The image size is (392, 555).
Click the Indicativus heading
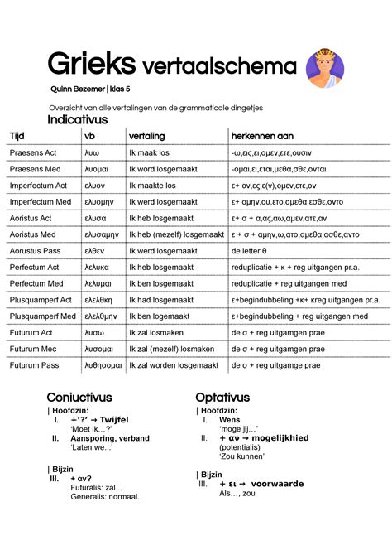coord(77,120)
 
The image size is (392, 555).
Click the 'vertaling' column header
coord(147,136)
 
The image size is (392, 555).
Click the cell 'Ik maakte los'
coord(152,186)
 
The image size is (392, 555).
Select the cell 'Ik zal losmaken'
coord(156,331)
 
